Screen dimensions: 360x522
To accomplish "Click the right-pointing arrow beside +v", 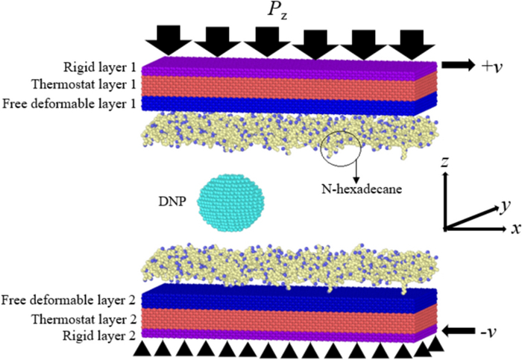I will [458, 66].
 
